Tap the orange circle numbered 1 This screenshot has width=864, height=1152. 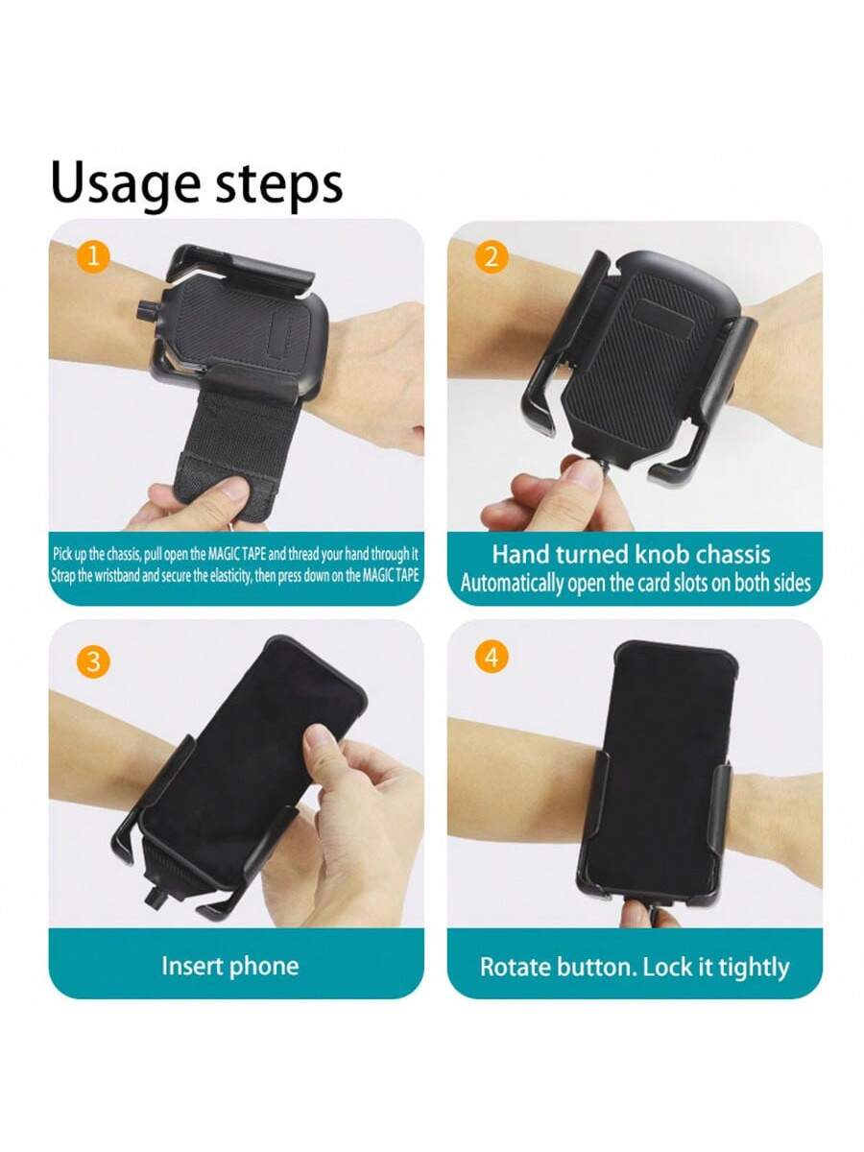(x=93, y=257)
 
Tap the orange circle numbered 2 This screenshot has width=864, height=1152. (x=492, y=257)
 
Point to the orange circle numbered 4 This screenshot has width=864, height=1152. (x=492, y=657)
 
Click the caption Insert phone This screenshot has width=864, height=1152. (x=230, y=966)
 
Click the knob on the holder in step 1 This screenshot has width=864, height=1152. (x=145, y=310)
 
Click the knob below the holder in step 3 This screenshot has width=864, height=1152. (x=156, y=896)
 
